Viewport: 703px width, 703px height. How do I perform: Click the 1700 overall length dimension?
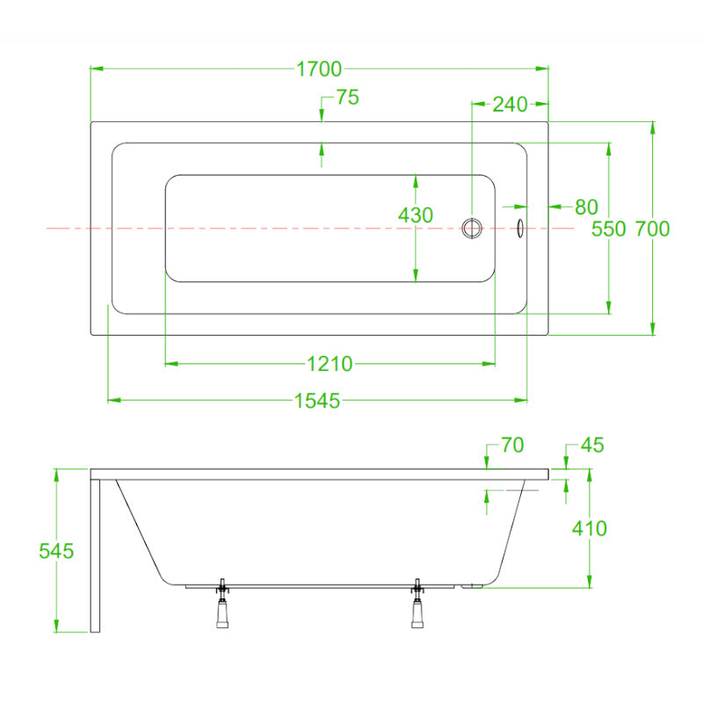click(x=319, y=69)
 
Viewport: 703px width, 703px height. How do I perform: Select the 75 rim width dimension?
click(x=347, y=98)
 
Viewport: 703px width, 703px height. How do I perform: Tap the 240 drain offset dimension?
click(x=510, y=105)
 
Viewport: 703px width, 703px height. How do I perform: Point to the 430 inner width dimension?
click(x=416, y=215)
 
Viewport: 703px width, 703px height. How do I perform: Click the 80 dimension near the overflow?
click(x=586, y=207)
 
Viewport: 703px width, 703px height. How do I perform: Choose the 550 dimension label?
click(x=608, y=229)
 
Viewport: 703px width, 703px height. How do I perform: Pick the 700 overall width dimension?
click(x=652, y=229)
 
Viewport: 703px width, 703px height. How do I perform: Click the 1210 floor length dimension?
click(x=330, y=364)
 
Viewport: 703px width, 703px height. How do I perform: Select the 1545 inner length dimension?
click(x=317, y=401)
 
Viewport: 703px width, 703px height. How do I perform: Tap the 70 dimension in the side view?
click(x=512, y=446)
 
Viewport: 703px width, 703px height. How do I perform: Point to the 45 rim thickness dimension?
click(x=592, y=446)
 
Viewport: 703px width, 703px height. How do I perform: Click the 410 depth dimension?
click(x=589, y=529)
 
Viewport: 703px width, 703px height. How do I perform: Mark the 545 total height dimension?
click(x=56, y=551)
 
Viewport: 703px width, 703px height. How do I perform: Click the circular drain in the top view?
click(x=472, y=228)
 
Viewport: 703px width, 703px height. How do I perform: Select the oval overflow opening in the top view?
click(x=520, y=228)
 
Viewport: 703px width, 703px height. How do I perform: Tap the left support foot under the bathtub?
click(x=222, y=604)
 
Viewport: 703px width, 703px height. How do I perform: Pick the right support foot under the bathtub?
click(x=417, y=604)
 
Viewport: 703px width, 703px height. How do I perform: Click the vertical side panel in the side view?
click(x=95, y=556)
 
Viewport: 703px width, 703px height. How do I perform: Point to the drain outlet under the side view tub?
click(x=471, y=585)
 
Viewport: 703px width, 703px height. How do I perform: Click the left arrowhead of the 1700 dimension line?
click(x=97, y=69)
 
